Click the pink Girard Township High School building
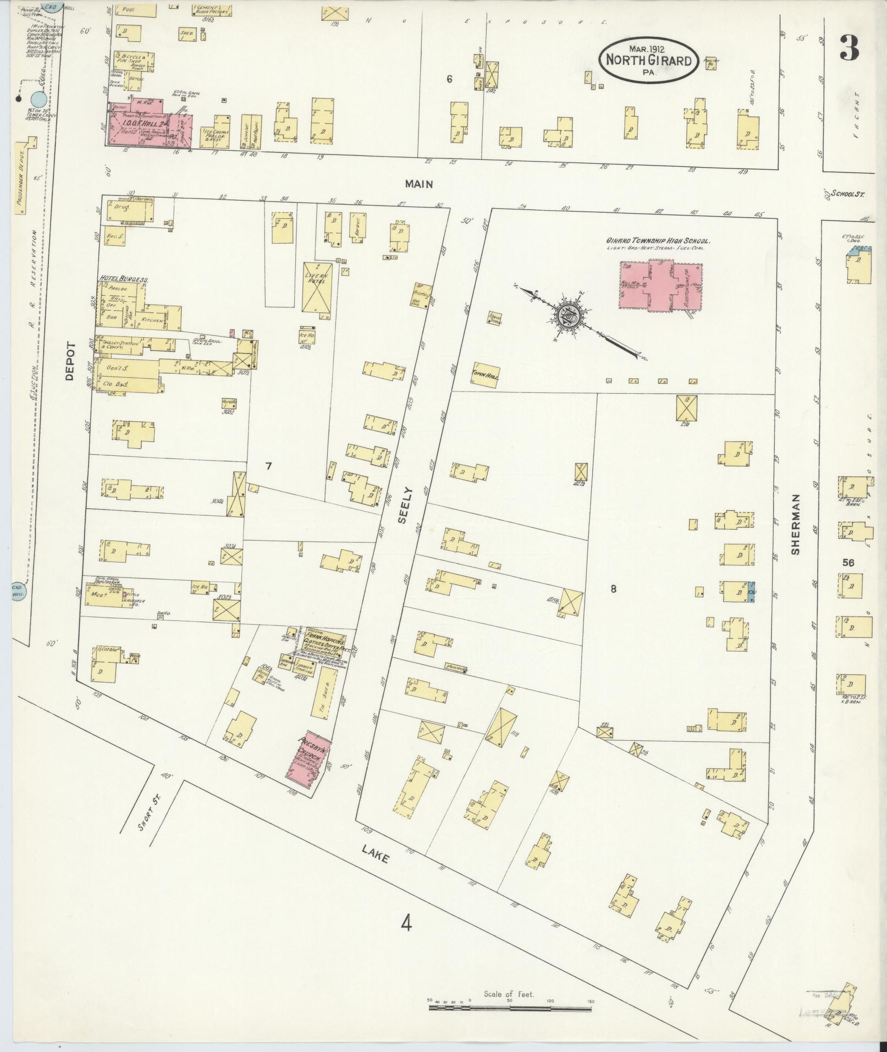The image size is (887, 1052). click(x=660, y=285)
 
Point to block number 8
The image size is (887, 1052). click(x=613, y=588)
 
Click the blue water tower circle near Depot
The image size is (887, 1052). click(x=38, y=100)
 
